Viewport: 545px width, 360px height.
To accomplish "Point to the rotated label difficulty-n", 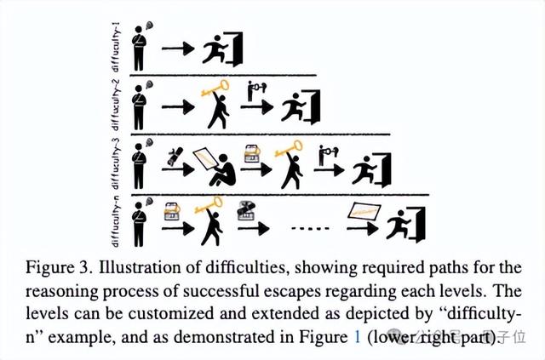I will click(125, 219).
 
